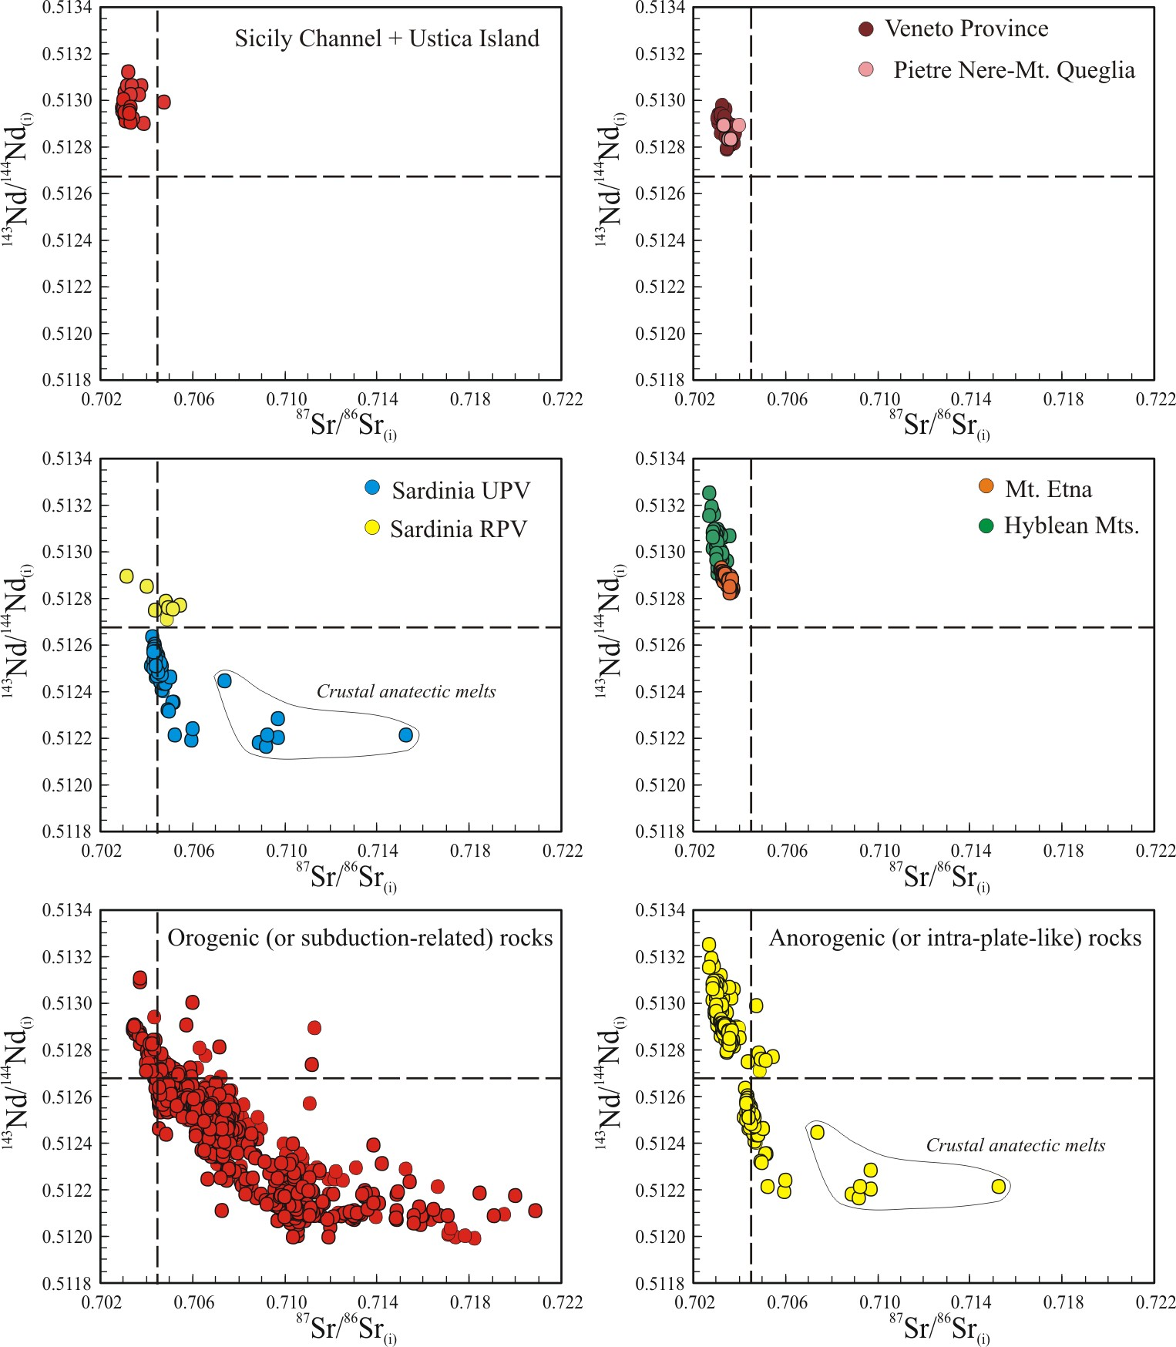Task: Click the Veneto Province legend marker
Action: [865, 29]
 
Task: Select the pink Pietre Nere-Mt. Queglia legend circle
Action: [866, 70]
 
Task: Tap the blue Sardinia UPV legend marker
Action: [372, 488]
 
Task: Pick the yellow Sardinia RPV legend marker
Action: [372, 528]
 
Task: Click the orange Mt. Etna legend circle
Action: [986, 485]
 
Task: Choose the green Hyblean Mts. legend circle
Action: [986, 526]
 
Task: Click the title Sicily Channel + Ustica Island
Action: [387, 39]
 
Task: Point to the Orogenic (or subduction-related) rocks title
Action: [360, 938]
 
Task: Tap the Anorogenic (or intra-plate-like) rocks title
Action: [955, 938]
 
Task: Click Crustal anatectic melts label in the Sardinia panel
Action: [406, 691]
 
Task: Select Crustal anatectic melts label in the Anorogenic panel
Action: [1015, 1145]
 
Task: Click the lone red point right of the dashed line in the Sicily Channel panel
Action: [163, 102]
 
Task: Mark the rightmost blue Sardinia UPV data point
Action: [406, 735]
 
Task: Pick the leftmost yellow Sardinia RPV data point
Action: [126, 576]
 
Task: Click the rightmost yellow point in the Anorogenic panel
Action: [999, 1187]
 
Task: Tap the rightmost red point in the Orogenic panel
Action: [535, 1211]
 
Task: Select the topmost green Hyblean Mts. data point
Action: [709, 493]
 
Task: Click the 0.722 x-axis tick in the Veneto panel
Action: [1154, 399]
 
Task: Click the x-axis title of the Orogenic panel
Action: [347, 1328]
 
